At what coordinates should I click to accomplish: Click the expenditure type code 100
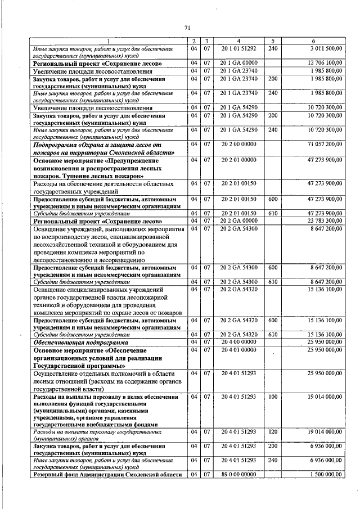[273, 397]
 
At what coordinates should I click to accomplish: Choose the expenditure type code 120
[273, 431]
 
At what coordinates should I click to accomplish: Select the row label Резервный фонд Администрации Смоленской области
[107, 474]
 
